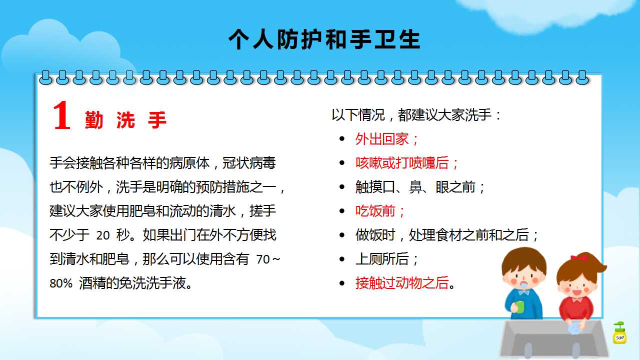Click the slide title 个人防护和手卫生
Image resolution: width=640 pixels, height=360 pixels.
point(324,39)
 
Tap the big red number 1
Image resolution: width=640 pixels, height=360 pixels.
point(62,115)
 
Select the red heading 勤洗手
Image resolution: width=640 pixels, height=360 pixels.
point(125,120)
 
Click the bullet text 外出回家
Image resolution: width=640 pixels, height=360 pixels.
point(382,139)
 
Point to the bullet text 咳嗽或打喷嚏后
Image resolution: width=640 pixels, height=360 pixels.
point(402,163)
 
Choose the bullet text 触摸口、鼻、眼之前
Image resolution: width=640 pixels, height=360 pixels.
point(415,187)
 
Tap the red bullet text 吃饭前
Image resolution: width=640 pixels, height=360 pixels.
point(375,211)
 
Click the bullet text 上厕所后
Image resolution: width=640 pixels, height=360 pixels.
point(382,259)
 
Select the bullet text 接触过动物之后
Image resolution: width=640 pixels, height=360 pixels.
point(402,283)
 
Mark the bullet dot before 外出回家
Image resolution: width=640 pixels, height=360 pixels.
point(342,139)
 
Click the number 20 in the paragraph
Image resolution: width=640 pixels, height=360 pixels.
point(103,235)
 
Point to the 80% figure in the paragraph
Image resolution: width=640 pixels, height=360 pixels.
point(61,283)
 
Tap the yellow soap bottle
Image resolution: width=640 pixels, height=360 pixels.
point(619,333)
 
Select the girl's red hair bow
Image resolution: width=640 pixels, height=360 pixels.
point(579,257)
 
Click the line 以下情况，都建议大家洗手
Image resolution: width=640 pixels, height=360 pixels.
point(411,115)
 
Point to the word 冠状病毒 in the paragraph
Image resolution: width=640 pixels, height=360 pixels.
point(249,163)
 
